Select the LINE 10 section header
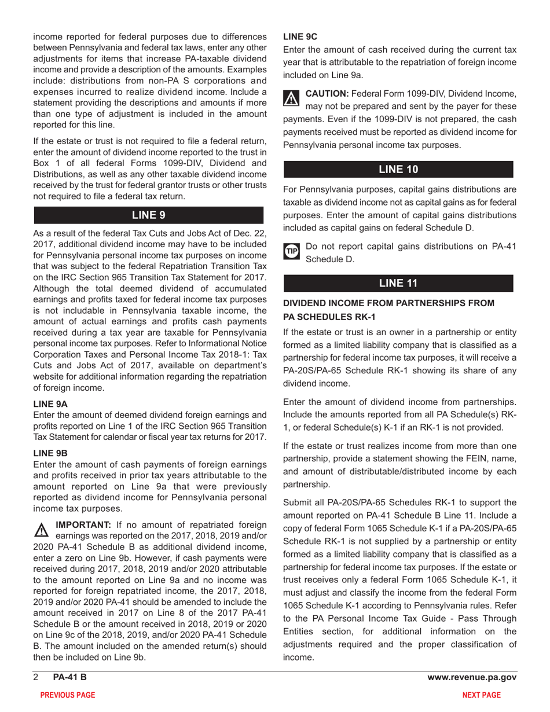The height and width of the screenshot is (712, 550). (x=397, y=170)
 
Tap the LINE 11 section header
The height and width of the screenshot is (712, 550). (x=397, y=282)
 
